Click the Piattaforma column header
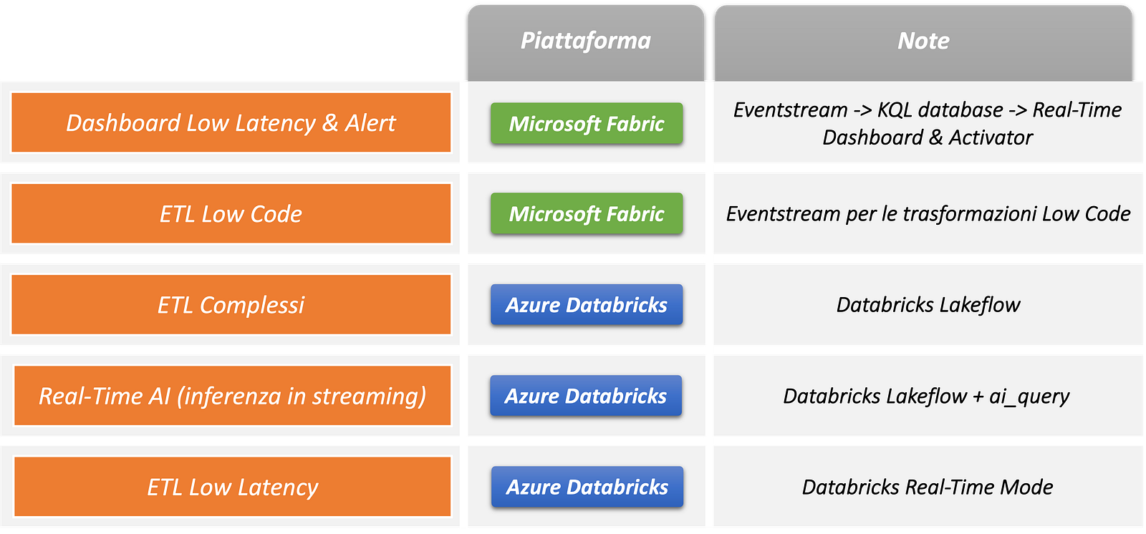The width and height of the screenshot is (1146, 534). tap(585, 42)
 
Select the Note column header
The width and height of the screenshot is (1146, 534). tap(923, 42)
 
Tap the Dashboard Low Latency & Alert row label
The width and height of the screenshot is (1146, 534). tap(231, 123)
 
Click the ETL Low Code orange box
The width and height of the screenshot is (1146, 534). tap(231, 214)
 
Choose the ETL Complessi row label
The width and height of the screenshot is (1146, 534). tap(231, 305)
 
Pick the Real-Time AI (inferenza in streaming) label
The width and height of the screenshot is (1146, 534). tap(232, 396)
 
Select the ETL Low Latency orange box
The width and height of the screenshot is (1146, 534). tap(232, 487)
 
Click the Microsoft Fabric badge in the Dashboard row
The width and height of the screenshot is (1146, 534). tap(587, 124)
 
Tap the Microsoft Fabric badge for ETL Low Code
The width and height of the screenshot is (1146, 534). tap(587, 214)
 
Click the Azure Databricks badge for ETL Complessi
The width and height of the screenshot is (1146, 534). tap(587, 305)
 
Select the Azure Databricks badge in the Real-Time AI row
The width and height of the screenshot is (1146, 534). tap(586, 396)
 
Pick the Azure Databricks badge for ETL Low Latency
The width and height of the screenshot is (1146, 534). tap(587, 487)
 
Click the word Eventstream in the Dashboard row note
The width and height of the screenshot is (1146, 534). tap(790, 110)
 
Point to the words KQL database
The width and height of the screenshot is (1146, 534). tap(940, 110)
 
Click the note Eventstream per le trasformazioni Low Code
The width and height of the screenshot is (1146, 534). tap(928, 214)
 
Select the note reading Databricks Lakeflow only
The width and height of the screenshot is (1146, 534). tap(928, 305)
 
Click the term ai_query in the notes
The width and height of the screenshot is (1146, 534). tap(1029, 397)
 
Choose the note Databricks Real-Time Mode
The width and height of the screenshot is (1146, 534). tap(928, 487)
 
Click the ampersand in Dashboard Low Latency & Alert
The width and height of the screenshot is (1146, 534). tap(329, 123)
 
